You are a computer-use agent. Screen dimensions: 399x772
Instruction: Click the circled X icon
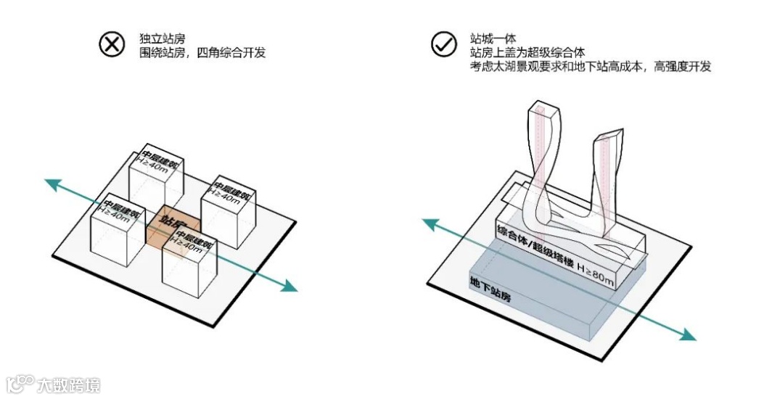click(x=112, y=44)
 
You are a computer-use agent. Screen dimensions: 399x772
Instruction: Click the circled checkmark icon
click(x=442, y=44)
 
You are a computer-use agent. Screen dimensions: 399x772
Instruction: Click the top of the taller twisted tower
click(x=543, y=109)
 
